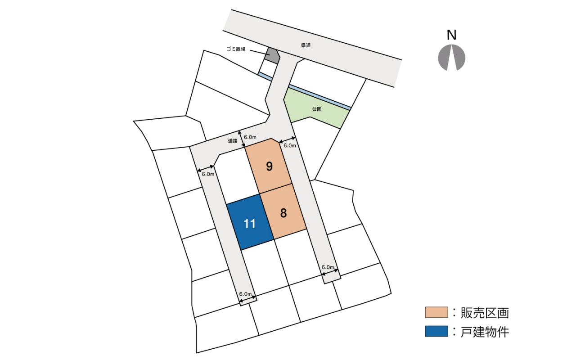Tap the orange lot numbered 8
[x=283, y=213]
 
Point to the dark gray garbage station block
[x=273, y=55]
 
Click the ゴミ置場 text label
[x=236, y=49]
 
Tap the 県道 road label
[x=306, y=45]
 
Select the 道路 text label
[x=232, y=141]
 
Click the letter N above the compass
[x=452, y=35]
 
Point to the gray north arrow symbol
[x=452, y=58]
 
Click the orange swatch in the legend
[x=436, y=312]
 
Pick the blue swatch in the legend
[x=436, y=332]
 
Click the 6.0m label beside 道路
[x=250, y=137]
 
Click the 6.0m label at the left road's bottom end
[x=245, y=294]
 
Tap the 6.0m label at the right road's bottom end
[x=328, y=267]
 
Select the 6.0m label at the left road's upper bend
[x=208, y=174]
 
